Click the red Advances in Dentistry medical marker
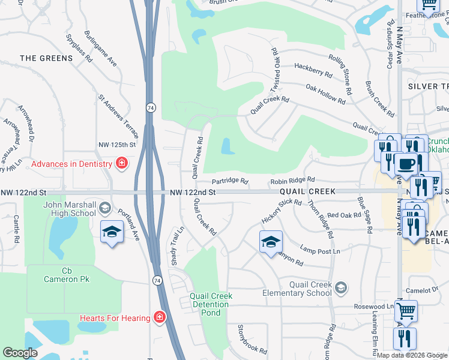point(122,164)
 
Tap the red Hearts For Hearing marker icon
point(159,316)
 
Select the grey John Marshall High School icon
point(104,208)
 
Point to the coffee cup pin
point(406,163)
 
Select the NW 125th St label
point(117,145)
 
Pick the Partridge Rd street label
point(229,181)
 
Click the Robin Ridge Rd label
point(292,180)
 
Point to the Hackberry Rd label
point(313,70)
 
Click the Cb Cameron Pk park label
point(66,275)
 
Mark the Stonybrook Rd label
point(252,340)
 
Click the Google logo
point(20,353)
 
